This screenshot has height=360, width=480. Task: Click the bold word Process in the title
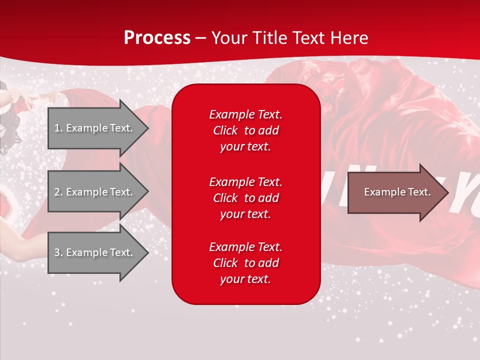tap(157, 38)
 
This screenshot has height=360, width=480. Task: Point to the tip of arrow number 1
tap(147, 128)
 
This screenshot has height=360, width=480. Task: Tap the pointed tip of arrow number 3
tap(147, 252)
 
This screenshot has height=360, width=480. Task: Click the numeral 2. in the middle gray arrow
tap(58, 192)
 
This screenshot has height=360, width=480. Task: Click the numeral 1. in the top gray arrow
tap(58, 128)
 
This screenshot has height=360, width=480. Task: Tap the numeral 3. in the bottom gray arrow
tap(58, 252)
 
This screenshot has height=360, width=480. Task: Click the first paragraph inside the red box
tap(245, 130)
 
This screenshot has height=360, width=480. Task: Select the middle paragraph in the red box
tap(245, 198)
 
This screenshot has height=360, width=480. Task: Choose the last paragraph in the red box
tap(245, 263)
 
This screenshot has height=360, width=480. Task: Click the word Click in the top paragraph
tap(225, 130)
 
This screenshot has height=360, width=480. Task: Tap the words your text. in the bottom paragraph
tap(245, 279)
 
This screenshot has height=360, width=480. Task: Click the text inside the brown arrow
tap(397, 192)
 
